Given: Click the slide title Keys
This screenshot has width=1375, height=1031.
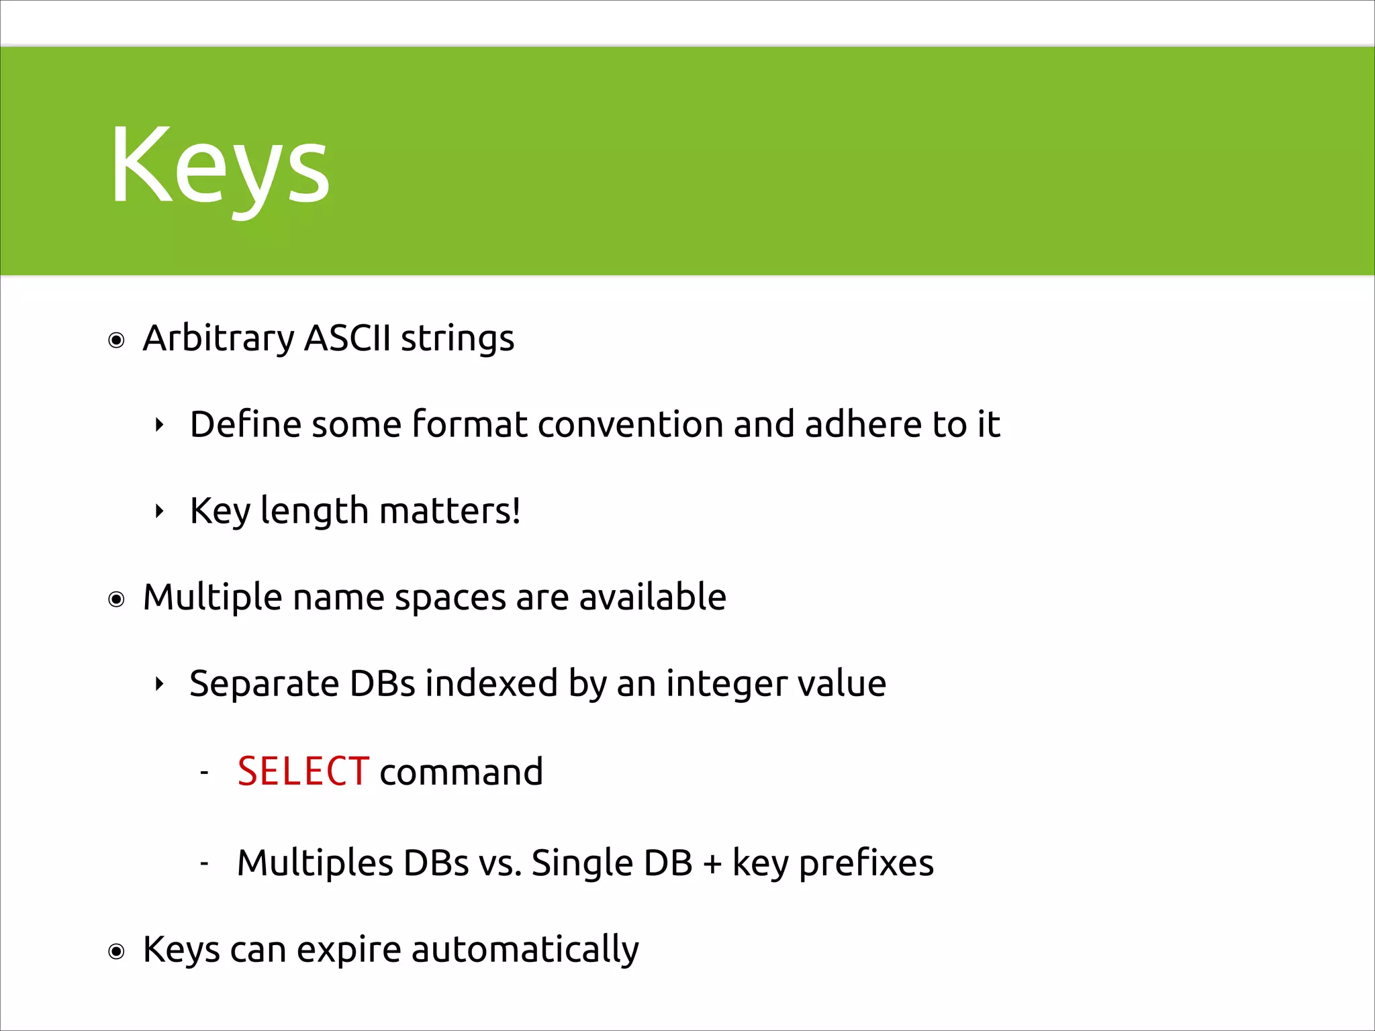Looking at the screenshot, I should coord(220,166).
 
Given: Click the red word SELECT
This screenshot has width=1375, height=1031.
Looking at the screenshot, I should coord(303,771).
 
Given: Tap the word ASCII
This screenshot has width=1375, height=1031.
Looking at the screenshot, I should coord(347,338).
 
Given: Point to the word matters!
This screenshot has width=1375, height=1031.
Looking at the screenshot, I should coord(450,511).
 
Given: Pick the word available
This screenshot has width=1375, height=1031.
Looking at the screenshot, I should coord(652,597).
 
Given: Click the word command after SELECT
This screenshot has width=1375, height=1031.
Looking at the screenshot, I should coord(461,772).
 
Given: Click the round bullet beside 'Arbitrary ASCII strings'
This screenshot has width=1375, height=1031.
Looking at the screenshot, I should coord(117,341).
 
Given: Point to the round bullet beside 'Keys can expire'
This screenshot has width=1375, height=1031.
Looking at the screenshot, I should coord(117,952).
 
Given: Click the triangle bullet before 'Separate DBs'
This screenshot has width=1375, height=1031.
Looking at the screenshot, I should coord(159,685).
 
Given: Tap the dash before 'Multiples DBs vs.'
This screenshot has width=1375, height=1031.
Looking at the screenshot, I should coord(205,863).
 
